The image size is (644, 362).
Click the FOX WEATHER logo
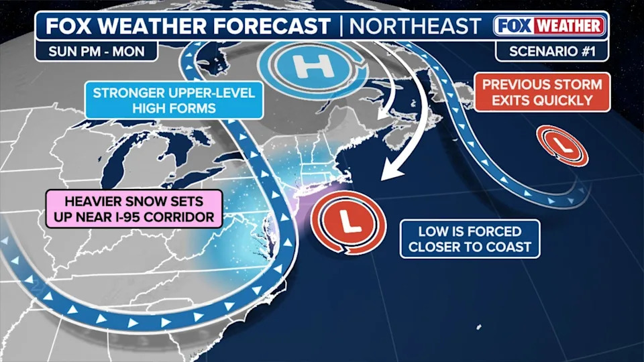pos(550,26)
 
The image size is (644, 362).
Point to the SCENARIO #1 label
pos(551,50)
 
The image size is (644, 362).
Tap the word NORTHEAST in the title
pos(416,26)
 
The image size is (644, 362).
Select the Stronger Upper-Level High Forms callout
pos(174,100)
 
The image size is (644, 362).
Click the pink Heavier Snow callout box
pos(134,208)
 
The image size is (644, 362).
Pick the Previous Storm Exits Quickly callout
pos(542,92)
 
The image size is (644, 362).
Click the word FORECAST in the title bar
pos(272,26)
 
